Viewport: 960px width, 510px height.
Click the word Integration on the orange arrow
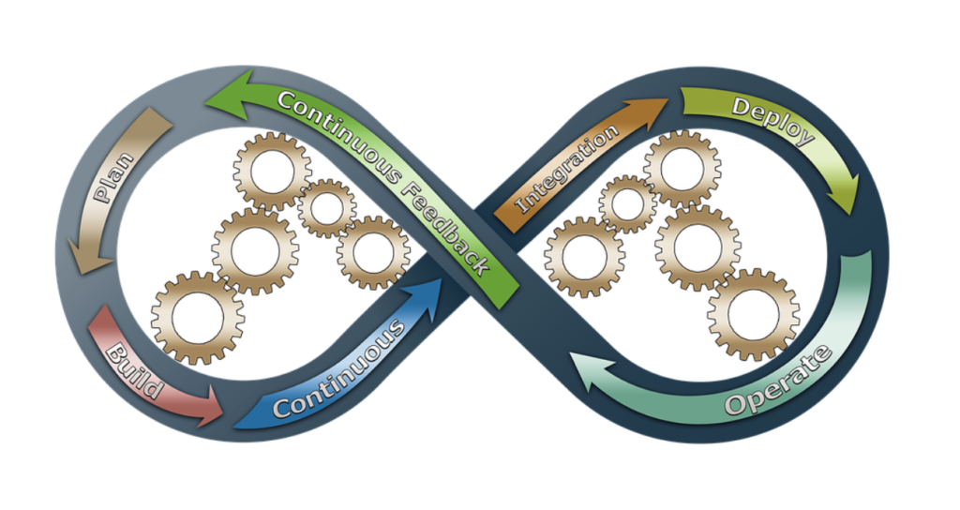(x=568, y=169)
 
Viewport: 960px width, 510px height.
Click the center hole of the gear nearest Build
(x=198, y=317)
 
